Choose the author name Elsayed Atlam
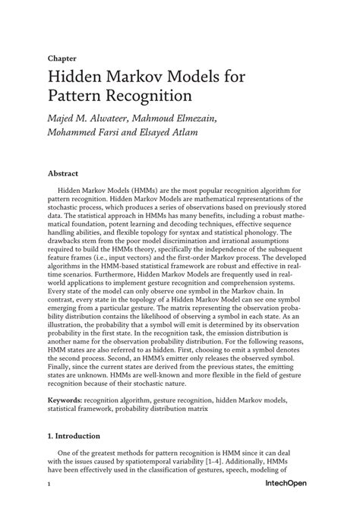(x=182, y=137)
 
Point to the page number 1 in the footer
(x=49, y=504)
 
